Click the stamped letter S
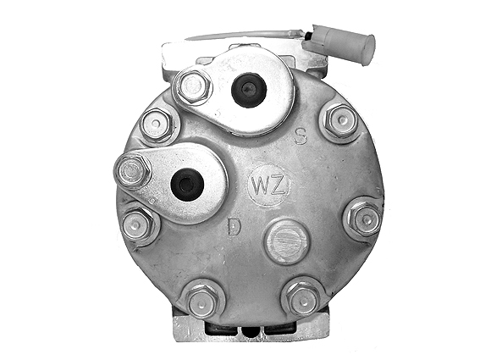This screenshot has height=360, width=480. [300, 136]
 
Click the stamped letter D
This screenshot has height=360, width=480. [234, 226]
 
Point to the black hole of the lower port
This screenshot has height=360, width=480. [185, 184]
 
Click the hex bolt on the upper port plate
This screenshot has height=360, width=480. [192, 86]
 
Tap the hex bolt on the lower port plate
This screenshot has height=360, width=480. [133, 171]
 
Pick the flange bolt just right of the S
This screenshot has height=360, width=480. [340, 122]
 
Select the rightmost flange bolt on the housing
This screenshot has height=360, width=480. [365, 219]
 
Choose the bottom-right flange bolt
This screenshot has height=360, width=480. [303, 296]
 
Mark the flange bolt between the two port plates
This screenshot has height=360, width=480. [157, 125]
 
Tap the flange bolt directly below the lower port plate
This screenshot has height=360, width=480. [139, 225]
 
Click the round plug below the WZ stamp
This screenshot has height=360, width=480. [285, 241]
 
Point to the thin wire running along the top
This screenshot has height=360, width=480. [246, 35]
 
